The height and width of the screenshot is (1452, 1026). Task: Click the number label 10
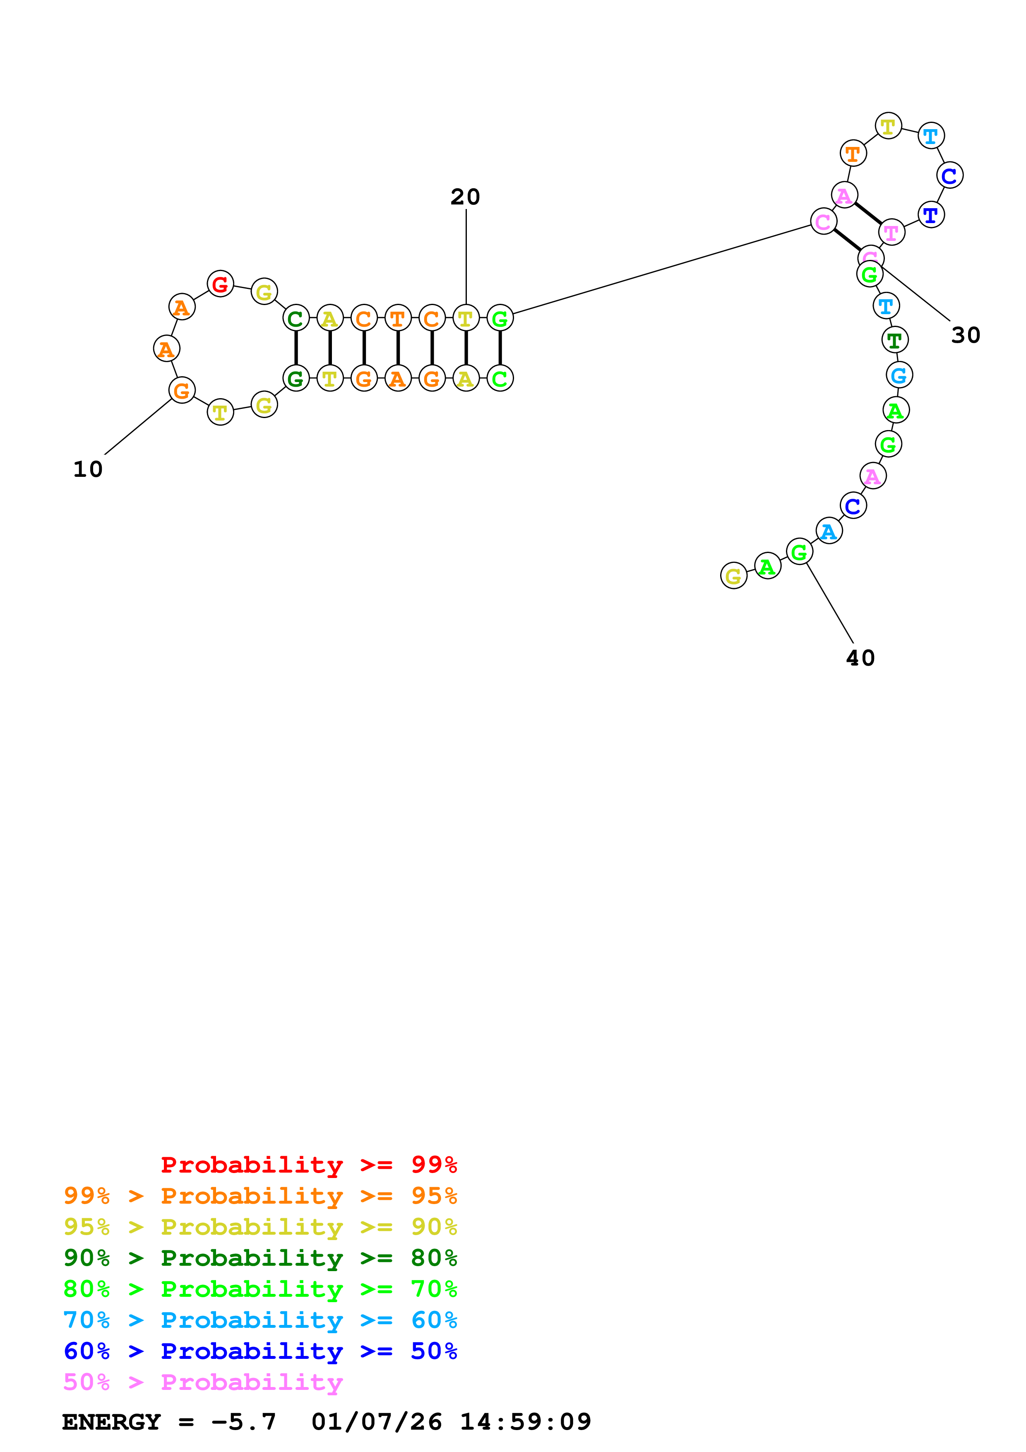(88, 469)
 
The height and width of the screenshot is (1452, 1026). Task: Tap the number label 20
(465, 197)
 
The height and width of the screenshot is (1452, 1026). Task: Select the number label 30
(965, 335)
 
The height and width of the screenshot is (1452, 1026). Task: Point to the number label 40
(860, 658)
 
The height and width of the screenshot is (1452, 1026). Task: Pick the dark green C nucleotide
(295, 318)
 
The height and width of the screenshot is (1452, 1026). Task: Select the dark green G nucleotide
(295, 379)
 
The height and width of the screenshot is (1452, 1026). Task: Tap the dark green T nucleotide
(894, 340)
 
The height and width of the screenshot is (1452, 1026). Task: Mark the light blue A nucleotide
(829, 531)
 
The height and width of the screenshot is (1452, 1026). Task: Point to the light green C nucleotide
(500, 379)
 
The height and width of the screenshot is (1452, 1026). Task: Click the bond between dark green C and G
(295, 349)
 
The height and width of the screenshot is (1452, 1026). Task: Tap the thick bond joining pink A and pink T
(868, 214)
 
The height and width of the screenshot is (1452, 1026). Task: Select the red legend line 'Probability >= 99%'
(308, 1165)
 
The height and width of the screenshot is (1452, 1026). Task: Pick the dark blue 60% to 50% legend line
(260, 1351)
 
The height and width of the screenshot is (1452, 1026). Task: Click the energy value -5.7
(244, 1422)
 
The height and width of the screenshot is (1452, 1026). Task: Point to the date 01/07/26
(377, 1422)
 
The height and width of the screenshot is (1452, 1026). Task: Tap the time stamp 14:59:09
(525, 1422)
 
